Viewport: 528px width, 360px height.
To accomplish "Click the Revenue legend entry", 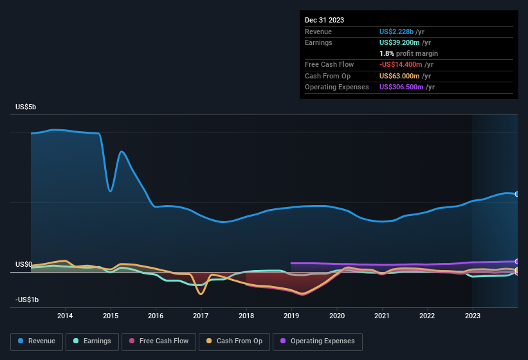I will pyautogui.click(x=37, y=341).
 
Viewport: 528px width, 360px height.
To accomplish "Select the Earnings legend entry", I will pyautogui.click(x=92, y=341).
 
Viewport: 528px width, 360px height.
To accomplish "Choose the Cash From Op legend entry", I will pyautogui.click(x=234, y=341).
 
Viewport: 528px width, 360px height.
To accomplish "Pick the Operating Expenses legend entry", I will pyautogui.click(x=318, y=341).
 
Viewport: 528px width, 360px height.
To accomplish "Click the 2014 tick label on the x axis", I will pyautogui.click(x=65, y=316).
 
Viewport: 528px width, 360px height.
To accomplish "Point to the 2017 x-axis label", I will pyautogui.click(x=201, y=316).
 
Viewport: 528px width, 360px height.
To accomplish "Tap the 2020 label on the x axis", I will pyautogui.click(x=336, y=316).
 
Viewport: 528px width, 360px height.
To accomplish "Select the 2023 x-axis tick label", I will pyautogui.click(x=473, y=316).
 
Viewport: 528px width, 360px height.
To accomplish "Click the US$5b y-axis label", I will pyautogui.click(x=26, y=107).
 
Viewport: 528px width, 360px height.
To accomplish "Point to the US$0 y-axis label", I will pyautogui.click(x=24, y=264).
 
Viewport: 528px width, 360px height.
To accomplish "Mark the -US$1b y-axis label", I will pyautogui.click(x=26, y=300).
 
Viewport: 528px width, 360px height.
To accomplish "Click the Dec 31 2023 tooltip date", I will pyautogui.click(x=324, y=20).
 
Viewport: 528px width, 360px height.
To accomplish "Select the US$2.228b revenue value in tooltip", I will pyautogui.click(x=401, y=31).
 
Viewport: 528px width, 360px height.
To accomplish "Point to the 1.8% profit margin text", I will pyautogui.click(x=408, y=53).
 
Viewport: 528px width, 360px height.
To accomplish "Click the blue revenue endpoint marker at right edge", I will pyautogui.click(x=517, y=194).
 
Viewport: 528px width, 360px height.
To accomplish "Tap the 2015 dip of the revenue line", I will pyautogui.click(x=111, y=191).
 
